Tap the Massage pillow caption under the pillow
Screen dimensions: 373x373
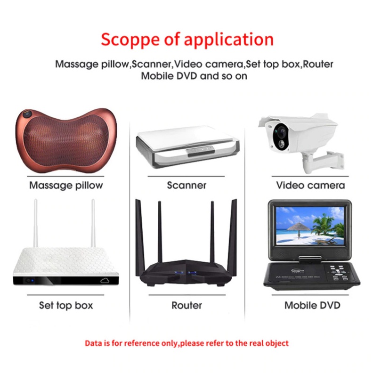(66, 185)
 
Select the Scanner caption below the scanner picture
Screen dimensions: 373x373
(186, 185)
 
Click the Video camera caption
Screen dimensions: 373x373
(310, 185)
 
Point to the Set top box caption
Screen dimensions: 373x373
(66, 305)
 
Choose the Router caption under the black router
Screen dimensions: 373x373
(186, 305)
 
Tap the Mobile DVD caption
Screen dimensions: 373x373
(312, 305)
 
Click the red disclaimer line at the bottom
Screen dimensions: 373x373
(186, 343)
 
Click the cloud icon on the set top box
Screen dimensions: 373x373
(104, 281)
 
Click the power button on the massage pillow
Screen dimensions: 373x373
(27, 114)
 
